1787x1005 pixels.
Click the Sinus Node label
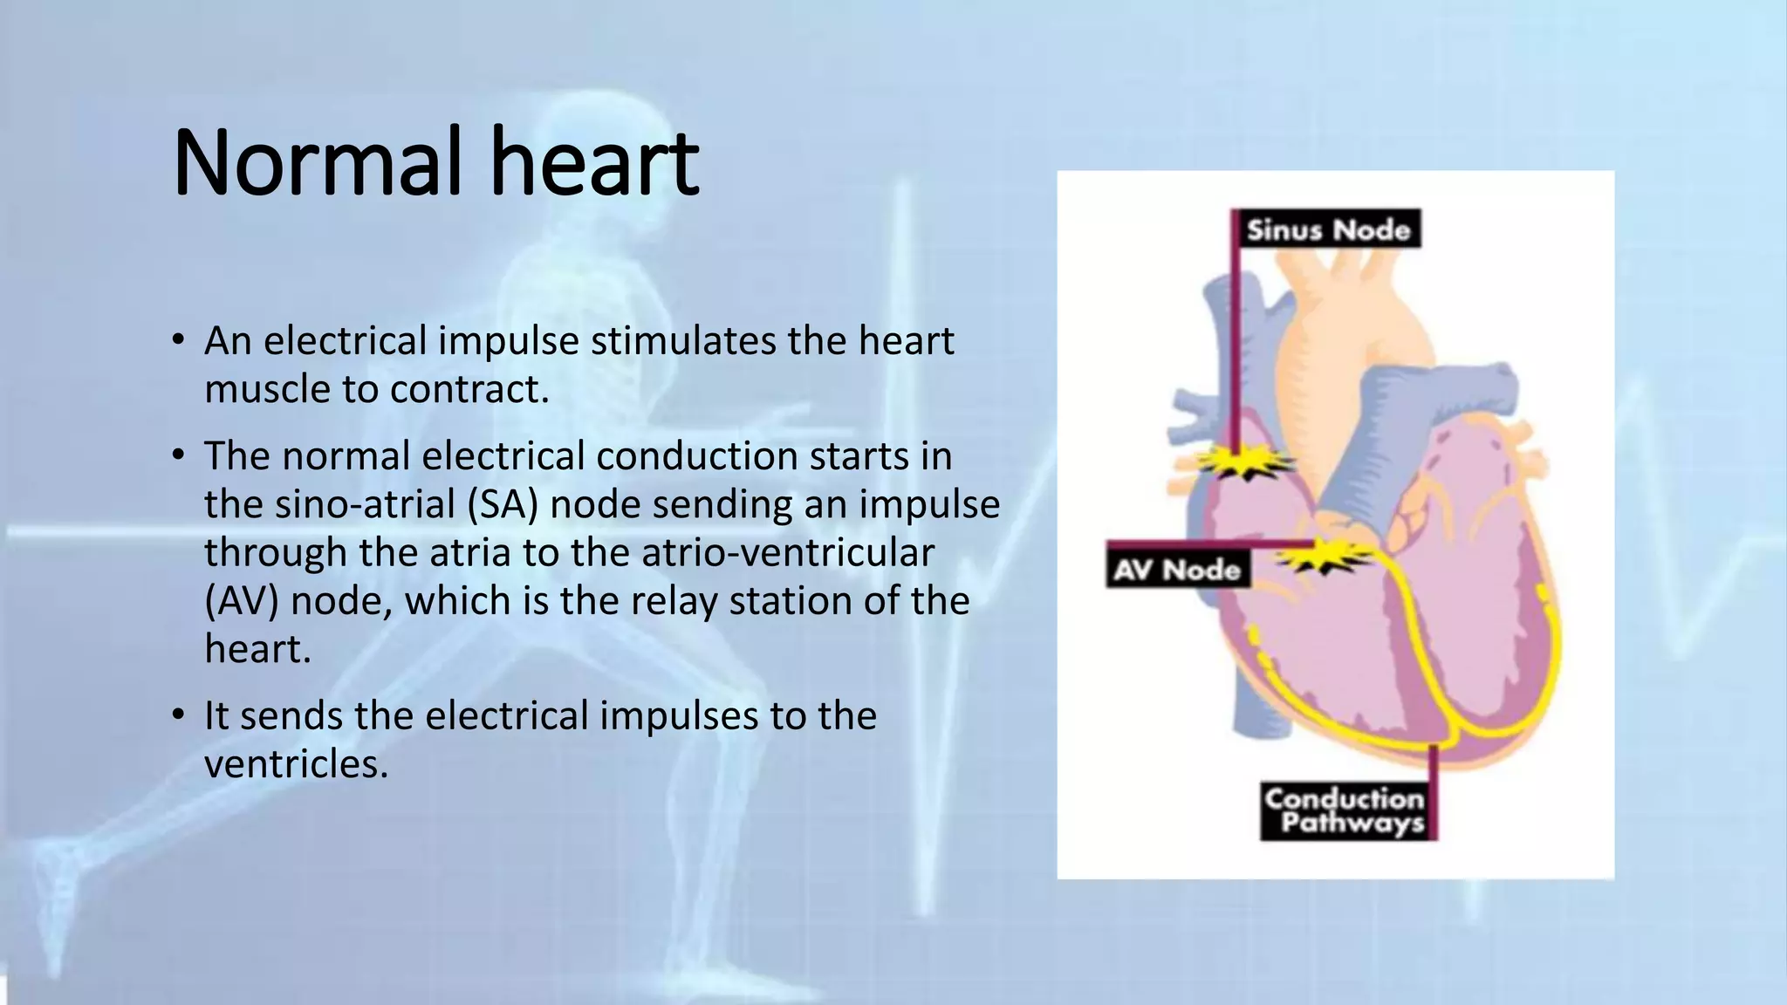tap(1328, 229)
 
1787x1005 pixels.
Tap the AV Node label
tap(1177, 570)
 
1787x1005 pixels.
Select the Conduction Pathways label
tap(1344, 810)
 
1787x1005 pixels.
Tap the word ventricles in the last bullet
tap(296, 764)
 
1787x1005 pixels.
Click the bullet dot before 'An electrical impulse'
tap(178, 340)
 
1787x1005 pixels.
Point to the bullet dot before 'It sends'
tap(178, 715)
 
